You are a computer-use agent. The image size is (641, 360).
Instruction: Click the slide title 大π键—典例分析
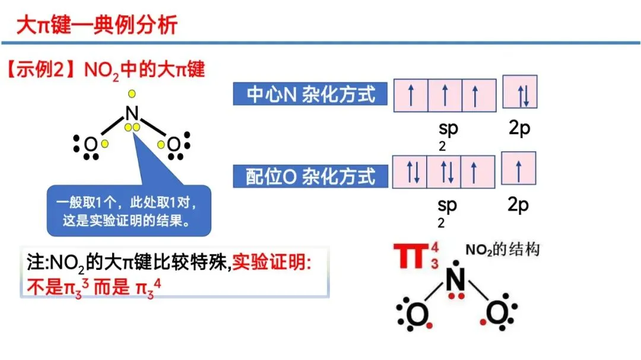pos(97,26)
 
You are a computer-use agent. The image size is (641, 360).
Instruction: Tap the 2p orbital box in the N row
pos(520,92)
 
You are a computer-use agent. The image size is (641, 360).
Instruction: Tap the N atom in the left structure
pos(132,113)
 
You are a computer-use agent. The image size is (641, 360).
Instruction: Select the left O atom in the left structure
pos(90,145)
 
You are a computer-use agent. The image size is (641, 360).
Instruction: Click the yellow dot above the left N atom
pos(132,93)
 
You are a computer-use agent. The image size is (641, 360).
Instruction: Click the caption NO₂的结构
pos(503,250)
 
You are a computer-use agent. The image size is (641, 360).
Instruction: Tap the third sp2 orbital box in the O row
pos(479,171)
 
